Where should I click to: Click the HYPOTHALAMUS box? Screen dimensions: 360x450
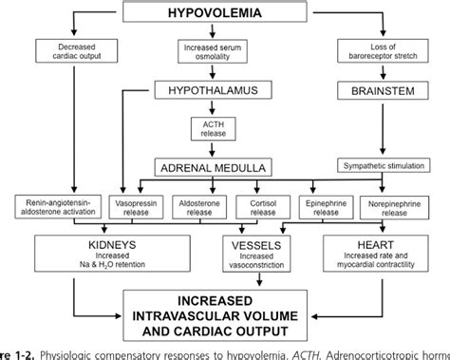pyautogui.click(x=219, y=90)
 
